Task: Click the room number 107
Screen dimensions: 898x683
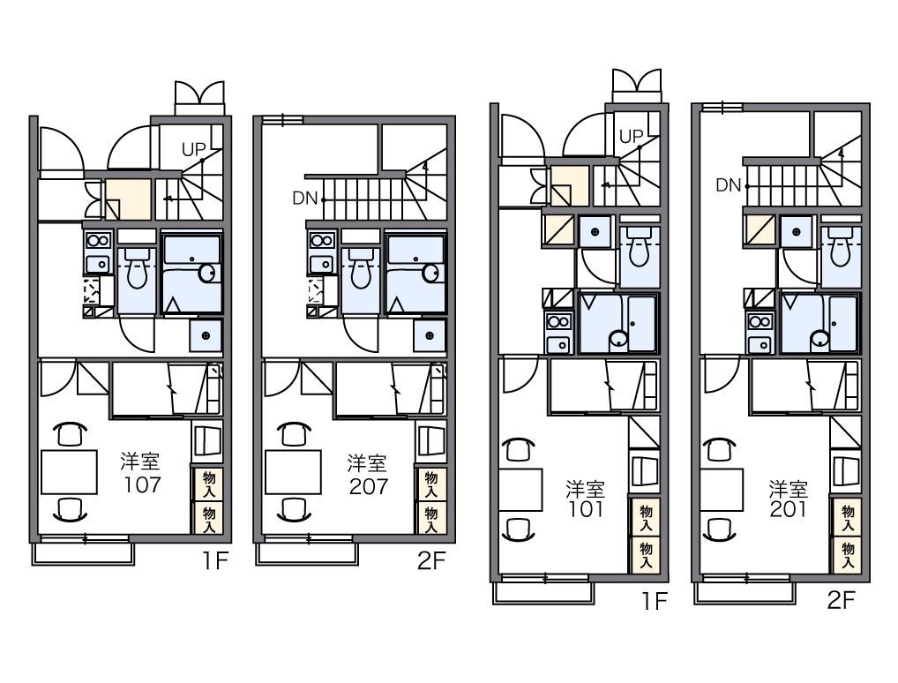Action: (143, 484)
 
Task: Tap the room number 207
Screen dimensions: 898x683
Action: (369, 486)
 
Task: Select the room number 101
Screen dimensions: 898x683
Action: (586, 509)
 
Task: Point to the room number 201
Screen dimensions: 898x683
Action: (789, 509)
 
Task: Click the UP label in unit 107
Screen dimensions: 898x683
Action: (193, 150)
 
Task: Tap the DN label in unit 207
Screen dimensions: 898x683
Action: (304, 199)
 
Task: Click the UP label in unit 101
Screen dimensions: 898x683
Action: (632, 137)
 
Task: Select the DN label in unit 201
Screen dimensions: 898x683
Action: (729, 185)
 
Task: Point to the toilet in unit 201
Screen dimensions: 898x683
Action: (841, 247)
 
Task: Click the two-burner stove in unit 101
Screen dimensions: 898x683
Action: (558, 321)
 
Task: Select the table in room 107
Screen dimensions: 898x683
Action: (70, 471)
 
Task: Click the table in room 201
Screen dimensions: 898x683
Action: (722, 490)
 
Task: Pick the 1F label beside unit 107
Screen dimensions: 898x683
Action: (215, 561)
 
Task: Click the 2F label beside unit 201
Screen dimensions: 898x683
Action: (842, 600)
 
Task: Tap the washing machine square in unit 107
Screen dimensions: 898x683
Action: (206, 336)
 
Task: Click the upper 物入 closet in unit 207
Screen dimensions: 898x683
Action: (430, 484)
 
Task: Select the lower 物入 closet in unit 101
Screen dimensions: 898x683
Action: (646, 555)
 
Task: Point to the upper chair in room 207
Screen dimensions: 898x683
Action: (294, 433)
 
